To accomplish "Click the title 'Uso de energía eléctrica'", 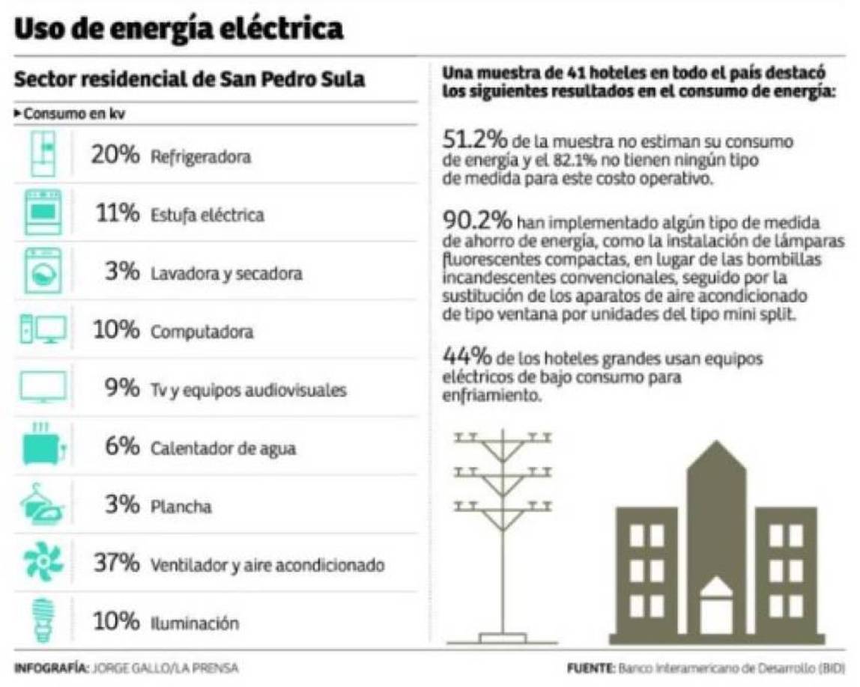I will [179, 29].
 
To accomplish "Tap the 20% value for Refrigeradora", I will [115, 156].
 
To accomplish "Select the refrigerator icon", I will [43, 154].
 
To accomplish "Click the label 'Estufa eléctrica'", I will [208, 216].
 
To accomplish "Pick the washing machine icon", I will [43, 271].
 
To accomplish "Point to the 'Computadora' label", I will [202, 332].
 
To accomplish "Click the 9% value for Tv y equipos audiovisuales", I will [121, 389].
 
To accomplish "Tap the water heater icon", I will [43, 445].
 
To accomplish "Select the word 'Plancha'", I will [181, 507].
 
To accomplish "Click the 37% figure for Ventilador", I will [115, 564].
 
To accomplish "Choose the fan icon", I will [43, 563].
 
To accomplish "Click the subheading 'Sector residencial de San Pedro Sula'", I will [190, 80].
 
